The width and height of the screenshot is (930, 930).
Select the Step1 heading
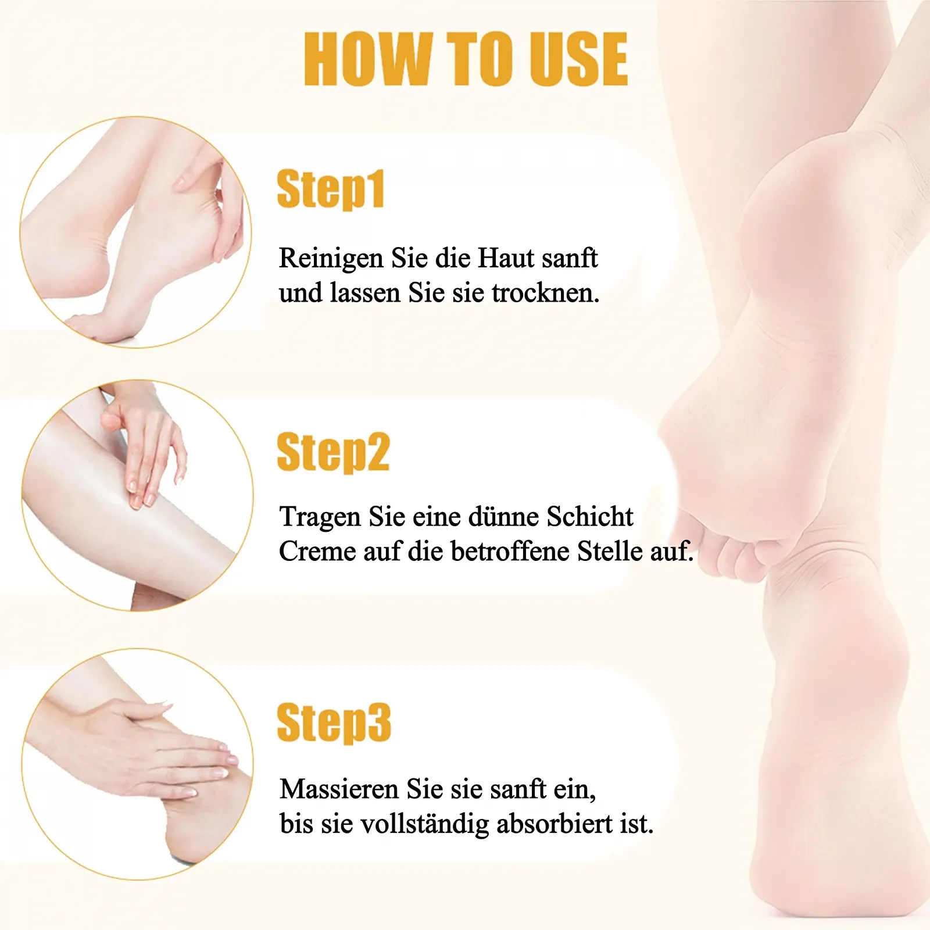pyautogui.click(x=331, y=189)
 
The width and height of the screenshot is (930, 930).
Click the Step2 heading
pyautogui.click(x=333, y=452)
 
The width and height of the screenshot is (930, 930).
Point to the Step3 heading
pyautogui.click(x=334, y=722)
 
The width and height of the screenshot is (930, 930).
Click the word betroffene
pyautogui.click(x=510, y=551)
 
